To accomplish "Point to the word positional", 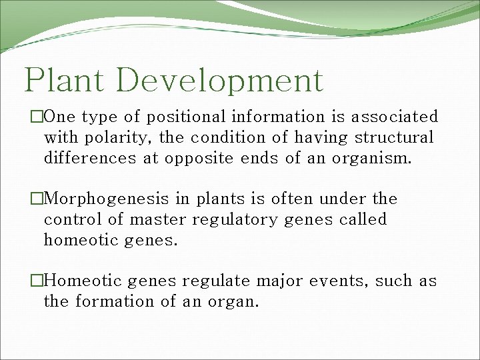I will pyautogui.click(x=187, y=117).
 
